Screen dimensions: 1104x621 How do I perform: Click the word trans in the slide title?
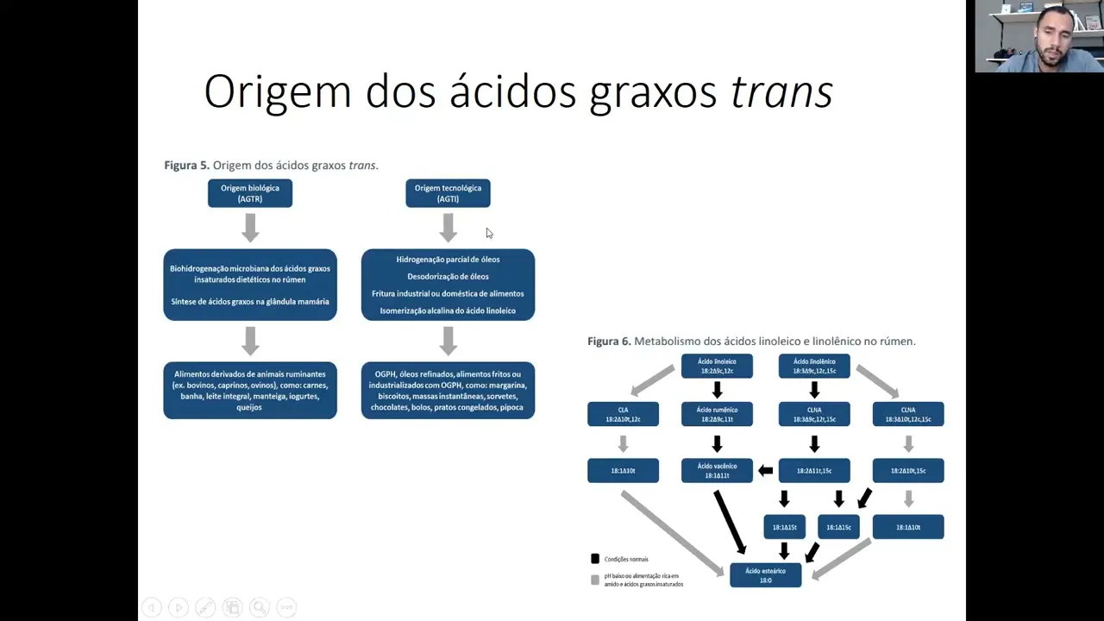(x=781, y=91)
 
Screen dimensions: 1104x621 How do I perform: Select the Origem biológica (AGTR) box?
(x=250, y=193)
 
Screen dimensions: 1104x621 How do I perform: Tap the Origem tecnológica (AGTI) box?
(x=448, y=193)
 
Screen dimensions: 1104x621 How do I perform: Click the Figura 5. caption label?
(x=186, y=165)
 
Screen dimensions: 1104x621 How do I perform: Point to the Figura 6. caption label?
(x=609, y=342)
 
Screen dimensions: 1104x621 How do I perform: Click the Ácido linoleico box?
(x=717, y=366)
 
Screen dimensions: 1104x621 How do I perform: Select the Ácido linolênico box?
(x=814, y=366)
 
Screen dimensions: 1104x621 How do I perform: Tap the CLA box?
(x=623, y=414)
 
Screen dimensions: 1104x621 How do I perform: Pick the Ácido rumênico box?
(x=717, y=414)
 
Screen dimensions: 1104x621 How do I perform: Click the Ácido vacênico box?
(x=717, y=470)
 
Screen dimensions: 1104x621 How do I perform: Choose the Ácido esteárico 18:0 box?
(x=766, y=575)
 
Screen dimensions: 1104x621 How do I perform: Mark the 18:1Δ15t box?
(x=784, y=527)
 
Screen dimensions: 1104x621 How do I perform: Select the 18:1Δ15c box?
(x=838, y=527)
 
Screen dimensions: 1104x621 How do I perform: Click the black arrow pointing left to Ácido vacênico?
(x=765, y=470)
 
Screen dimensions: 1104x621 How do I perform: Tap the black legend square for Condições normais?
(x=595, y=559)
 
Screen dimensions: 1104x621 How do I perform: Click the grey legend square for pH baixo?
(x=595, y=580)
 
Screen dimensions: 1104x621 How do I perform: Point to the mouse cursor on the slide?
(x=489, y=233)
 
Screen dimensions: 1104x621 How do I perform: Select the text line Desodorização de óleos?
(x=448, y=276)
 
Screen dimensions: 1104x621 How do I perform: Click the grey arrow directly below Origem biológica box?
(x=250, y=228)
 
